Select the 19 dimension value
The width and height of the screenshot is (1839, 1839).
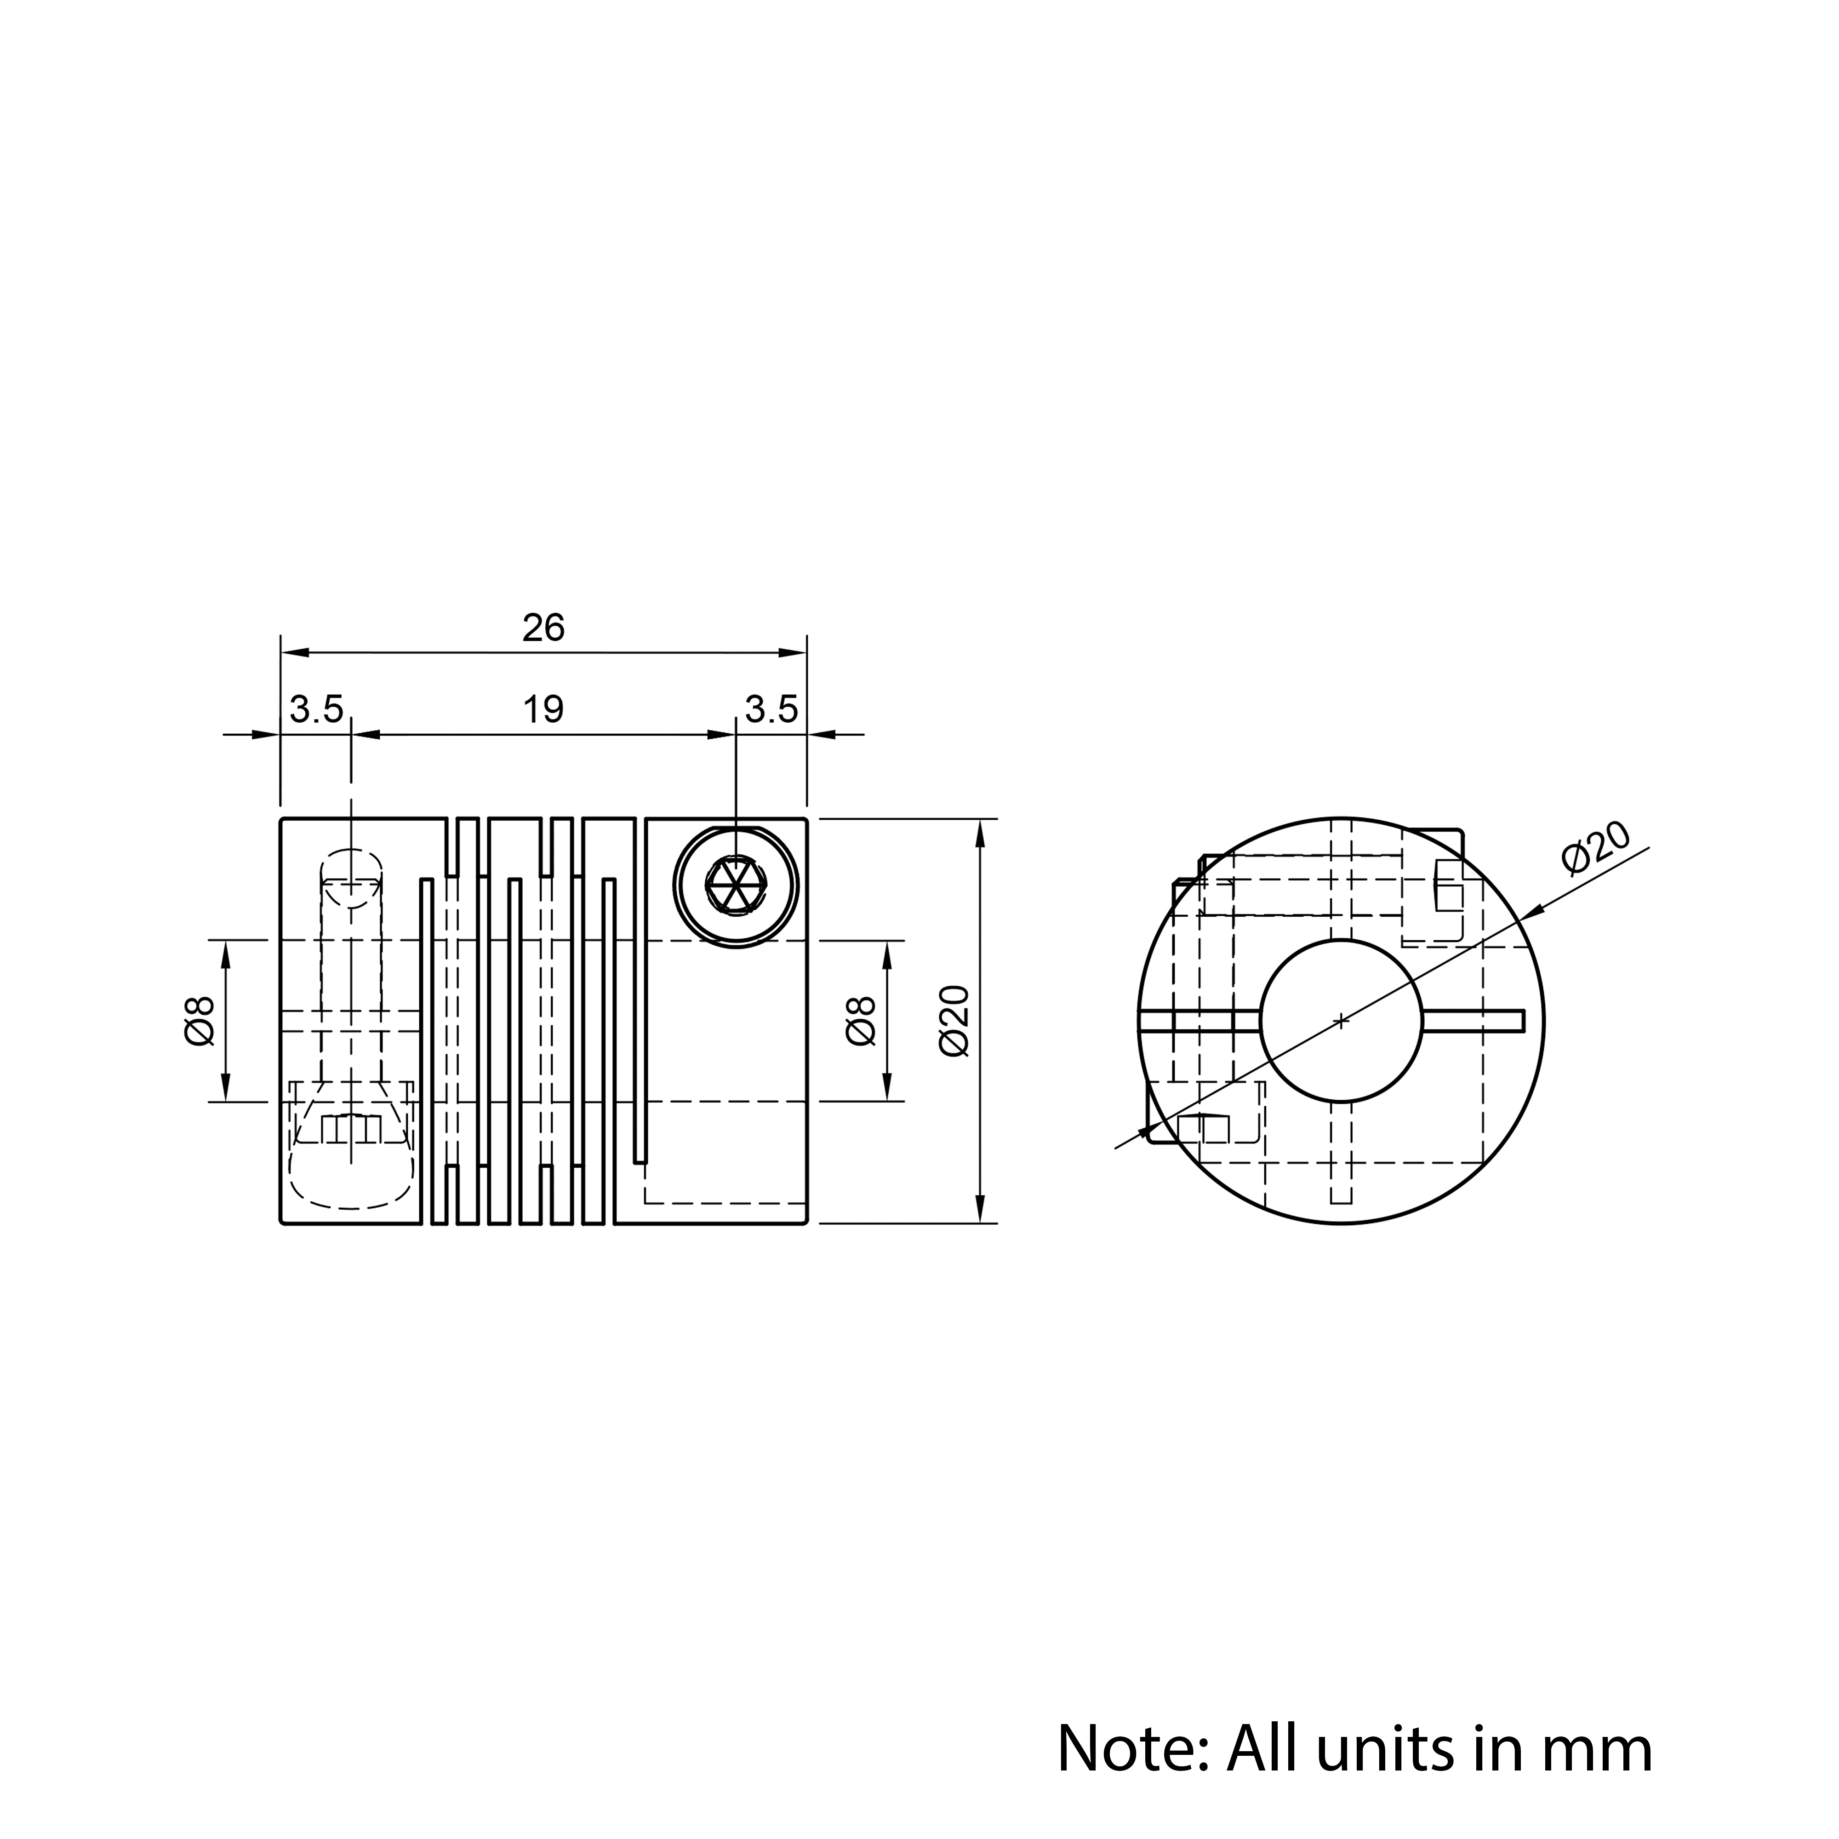coord(543,709)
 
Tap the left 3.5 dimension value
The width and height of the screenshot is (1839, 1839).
coord(316,709)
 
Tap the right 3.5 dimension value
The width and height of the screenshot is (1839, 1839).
coord(771,709)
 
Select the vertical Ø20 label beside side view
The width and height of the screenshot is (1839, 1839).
coord(954,1020)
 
